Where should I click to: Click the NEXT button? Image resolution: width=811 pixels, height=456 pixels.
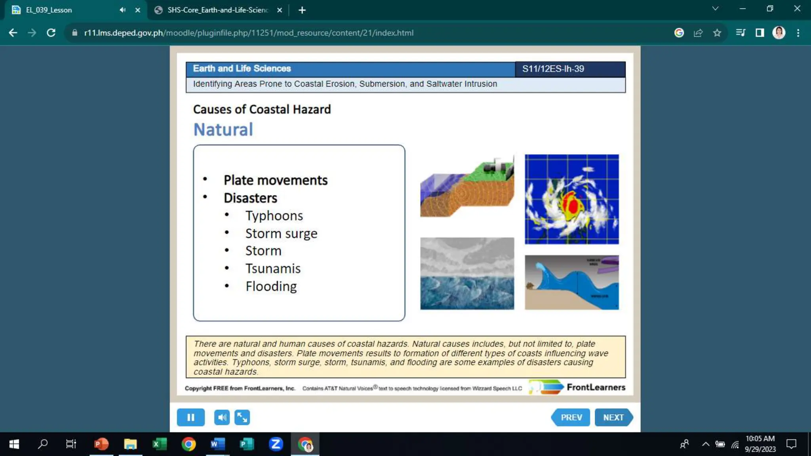pos(613,417)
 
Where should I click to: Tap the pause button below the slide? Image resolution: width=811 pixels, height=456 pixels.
pos(190,417)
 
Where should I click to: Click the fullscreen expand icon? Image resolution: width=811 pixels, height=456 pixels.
pos(242,417)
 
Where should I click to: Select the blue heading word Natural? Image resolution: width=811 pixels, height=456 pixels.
pos(223,130)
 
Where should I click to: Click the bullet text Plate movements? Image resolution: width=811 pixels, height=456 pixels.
pos(276,180)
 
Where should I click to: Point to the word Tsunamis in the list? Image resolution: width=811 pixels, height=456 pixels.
pos(273,268)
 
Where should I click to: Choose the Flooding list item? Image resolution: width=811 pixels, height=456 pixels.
pos(271,286)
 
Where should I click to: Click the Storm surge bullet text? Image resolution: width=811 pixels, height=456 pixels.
pos(281,234)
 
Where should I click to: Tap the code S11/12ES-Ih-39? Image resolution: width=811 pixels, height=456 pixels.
pos(553,69)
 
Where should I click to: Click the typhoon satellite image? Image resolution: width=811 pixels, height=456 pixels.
pos(571,199)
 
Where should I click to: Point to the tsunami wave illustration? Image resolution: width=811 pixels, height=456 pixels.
pos(571,282)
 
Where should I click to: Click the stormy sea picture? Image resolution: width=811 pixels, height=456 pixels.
pos(467,274)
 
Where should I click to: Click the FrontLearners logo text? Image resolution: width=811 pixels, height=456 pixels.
pos(596,387)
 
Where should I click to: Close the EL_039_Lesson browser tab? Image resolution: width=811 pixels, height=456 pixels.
pos(138,10)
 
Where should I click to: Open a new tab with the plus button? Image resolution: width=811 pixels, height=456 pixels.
pos(302,10)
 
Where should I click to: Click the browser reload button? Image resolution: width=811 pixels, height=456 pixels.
pos(51,33)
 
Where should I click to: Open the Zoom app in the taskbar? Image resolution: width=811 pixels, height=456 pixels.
pos(276,444)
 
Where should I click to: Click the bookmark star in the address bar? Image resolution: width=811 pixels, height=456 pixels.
pos(717,33)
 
